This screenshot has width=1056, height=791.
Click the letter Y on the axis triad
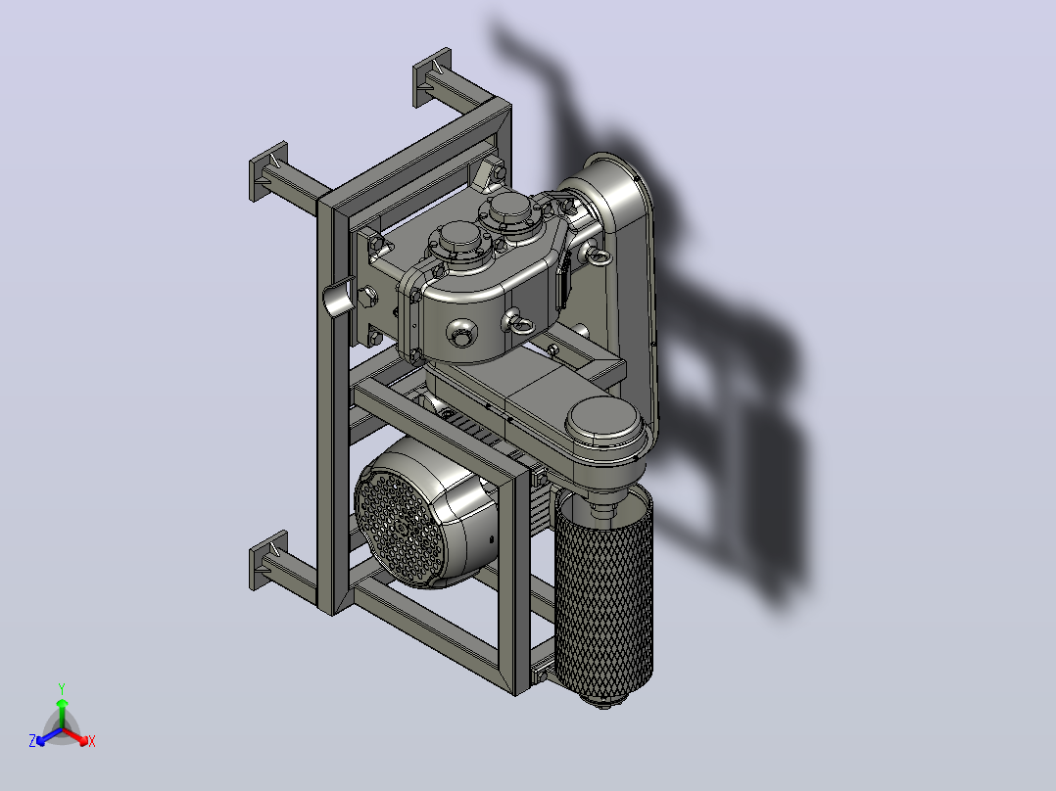62,688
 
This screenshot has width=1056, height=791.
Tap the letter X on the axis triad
92,741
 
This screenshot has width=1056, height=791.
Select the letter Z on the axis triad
32,740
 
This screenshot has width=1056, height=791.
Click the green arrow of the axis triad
62,713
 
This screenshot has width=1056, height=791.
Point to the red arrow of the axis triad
75,735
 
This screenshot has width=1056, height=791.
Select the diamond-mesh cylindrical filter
603,595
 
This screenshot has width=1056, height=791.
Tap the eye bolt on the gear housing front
518,323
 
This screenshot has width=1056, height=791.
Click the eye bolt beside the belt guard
598,255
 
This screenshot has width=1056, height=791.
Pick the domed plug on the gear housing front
462,333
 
